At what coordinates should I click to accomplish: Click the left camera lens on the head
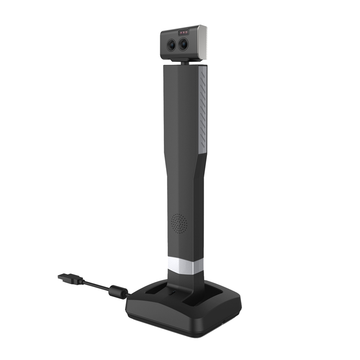point(173,44)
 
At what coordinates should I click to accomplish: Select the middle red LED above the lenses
point(184,33)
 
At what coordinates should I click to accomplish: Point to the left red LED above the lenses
point(181,33)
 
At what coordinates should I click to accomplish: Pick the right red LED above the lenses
point(187,33)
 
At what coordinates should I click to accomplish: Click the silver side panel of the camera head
point(201,41)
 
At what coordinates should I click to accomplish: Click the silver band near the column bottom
point(185,266)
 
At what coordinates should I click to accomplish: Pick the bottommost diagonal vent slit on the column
point(202,146)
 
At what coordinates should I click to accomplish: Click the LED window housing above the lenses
point(184,33)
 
